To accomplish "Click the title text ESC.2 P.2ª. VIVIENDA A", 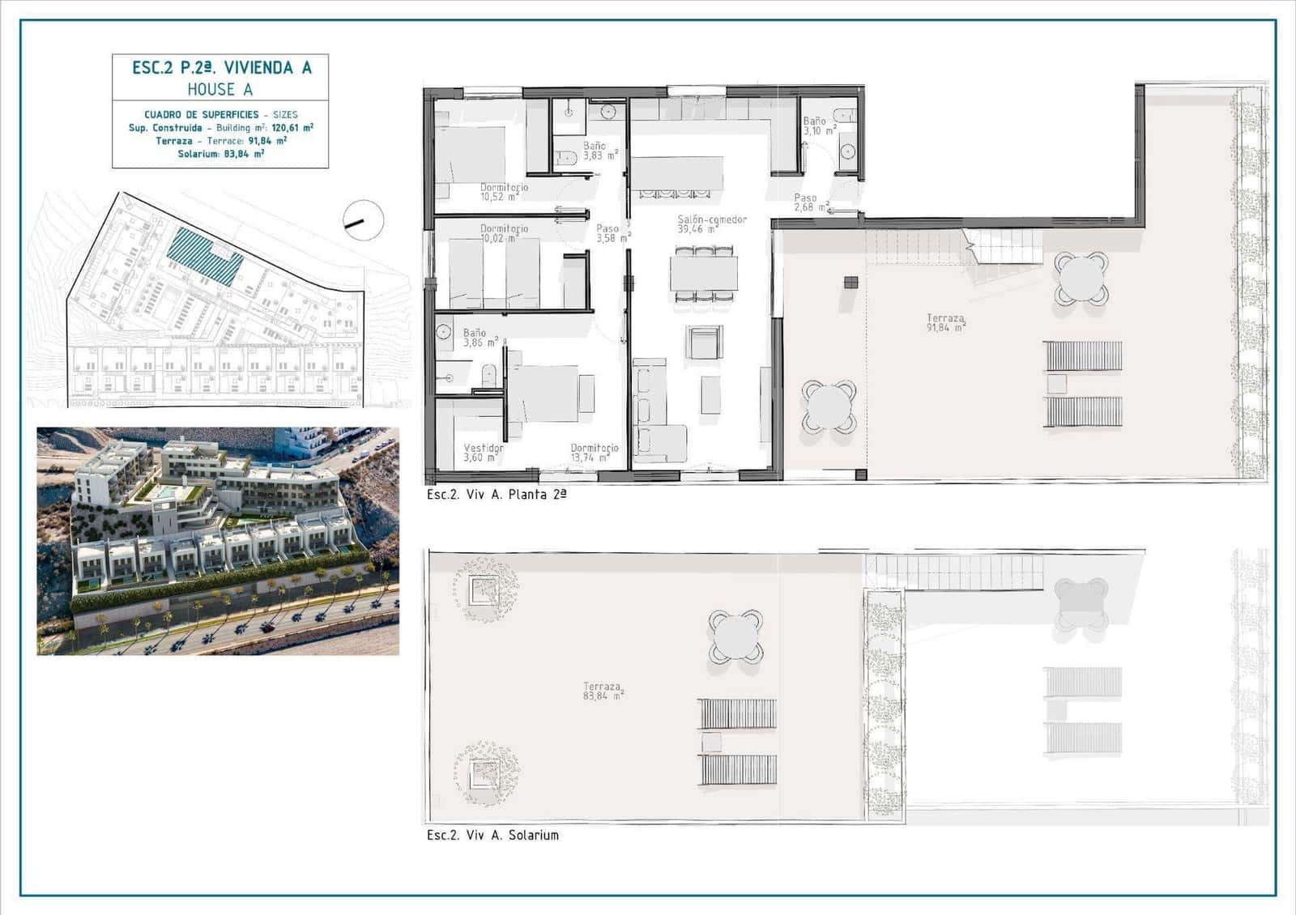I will [221, 68].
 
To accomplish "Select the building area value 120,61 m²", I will [292, 128].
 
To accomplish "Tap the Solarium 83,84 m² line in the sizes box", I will [220, 154].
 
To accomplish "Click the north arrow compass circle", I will [363, 220].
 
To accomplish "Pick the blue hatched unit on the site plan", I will [205, 255].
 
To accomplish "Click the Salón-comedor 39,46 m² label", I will [711, 224].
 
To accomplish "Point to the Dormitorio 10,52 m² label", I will [503, 192].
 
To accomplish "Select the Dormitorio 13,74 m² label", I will [594, 453].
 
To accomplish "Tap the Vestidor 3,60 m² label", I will [483, 453].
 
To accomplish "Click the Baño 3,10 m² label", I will [819, 126].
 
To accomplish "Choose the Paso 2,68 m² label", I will [810, 202].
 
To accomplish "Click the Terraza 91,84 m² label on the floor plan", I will [945, 323].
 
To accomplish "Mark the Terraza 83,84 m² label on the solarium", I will [603, 691].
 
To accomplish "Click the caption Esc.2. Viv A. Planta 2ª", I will [497, 494].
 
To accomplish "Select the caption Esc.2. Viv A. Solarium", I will [492, 835].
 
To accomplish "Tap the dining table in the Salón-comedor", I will [703, 274].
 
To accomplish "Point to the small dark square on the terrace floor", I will [850, 282].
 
